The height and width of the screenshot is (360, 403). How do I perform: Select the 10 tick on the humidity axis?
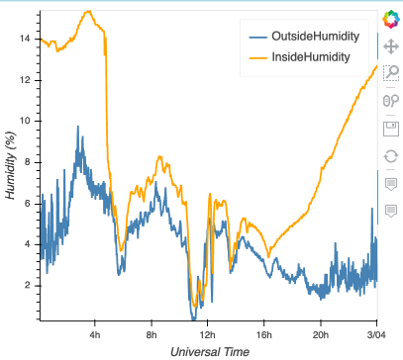click(27, 120)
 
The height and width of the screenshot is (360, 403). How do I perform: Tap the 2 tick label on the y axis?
click(30, 285)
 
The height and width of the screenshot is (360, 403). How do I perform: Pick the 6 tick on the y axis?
click(30, 203)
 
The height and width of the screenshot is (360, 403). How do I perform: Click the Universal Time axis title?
click(208, 351)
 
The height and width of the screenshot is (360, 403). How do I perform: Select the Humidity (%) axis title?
click(11, 168)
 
